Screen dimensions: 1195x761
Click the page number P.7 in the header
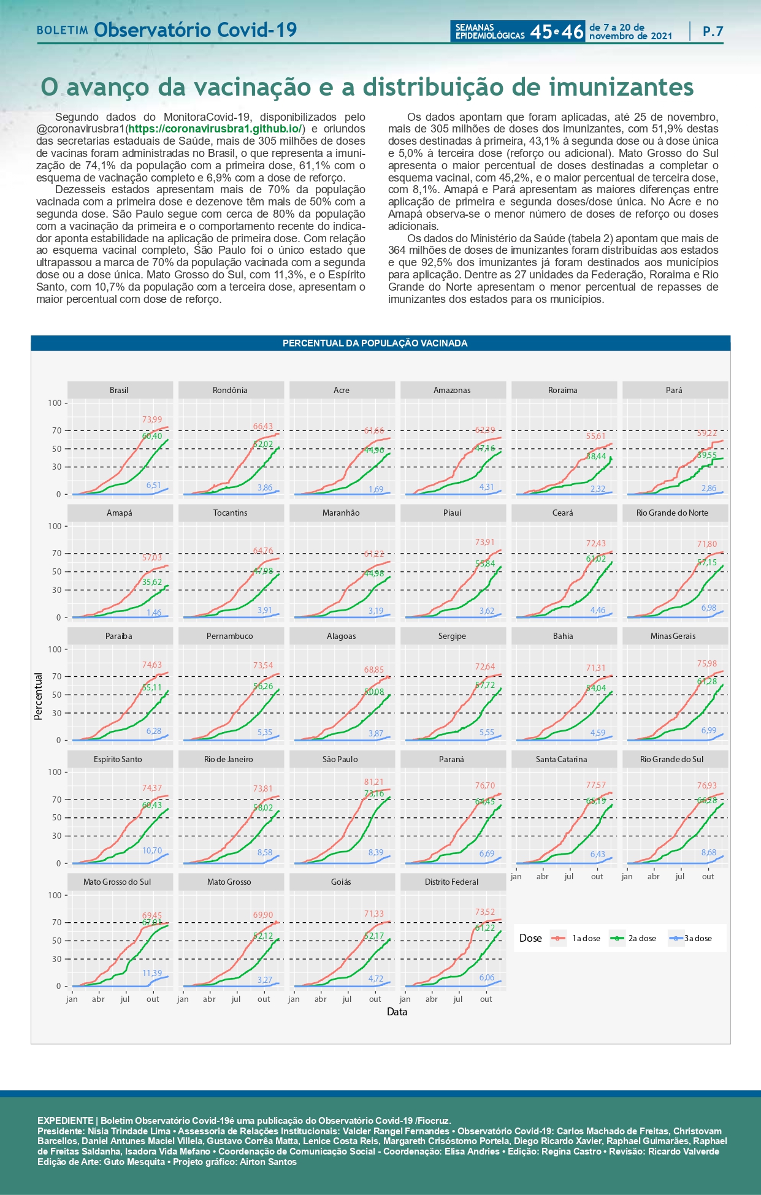[x=713, y=31]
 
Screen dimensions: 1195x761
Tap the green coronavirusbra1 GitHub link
[x=215, y=129]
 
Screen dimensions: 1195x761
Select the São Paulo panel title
[x=340, y=759]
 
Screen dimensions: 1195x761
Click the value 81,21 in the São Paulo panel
[x=373, y=782]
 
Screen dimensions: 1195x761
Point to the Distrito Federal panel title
[x=451, y=882]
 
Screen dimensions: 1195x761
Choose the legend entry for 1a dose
[x=579, y=938]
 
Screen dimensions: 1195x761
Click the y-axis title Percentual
[x=39, y=696]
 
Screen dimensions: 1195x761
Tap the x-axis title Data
[x=397, y=1012]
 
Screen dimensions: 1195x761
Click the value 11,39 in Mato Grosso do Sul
[x=152, y=973]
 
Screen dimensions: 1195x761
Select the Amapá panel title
[x=120, y=513]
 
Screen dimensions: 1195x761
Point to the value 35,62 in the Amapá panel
[x=152, y=582]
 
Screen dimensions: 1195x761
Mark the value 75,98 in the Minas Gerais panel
[x=706, y=663]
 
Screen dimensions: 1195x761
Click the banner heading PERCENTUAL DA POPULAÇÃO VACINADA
[x=375, y=343]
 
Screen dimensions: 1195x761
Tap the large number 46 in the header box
[x=572, y=32]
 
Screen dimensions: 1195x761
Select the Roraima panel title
[x=563, y=390]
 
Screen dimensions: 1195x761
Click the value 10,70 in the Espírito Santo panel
[x=152, y=850]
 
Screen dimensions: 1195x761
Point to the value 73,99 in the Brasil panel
[x=152, y=419]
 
